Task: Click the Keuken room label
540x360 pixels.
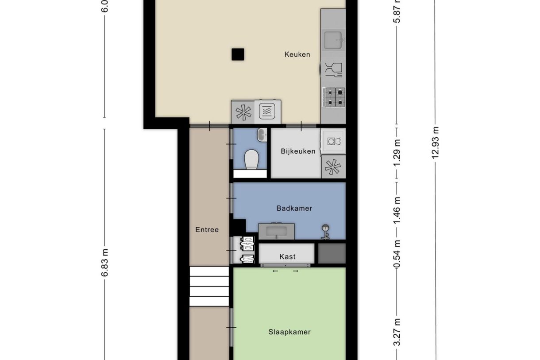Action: (297, 54)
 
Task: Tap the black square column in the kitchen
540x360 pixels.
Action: (238, 54)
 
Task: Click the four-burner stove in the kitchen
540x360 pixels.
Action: (334, 97)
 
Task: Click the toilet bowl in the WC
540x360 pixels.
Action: (251, 159)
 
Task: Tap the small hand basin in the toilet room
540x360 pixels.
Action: (262, 135)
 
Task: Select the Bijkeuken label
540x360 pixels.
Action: (298, 151)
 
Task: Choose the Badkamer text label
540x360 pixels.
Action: (294, 208)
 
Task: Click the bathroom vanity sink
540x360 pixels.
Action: (277, 231)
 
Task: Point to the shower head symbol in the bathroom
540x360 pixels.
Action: (326, 230)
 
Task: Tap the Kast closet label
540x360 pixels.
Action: (287, 256)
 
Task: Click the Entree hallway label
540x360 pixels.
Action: (207, 229)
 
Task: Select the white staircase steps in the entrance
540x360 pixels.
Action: (209, 286)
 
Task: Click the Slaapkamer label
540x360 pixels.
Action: (289, 332)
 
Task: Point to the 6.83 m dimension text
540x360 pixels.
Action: (104, 262)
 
